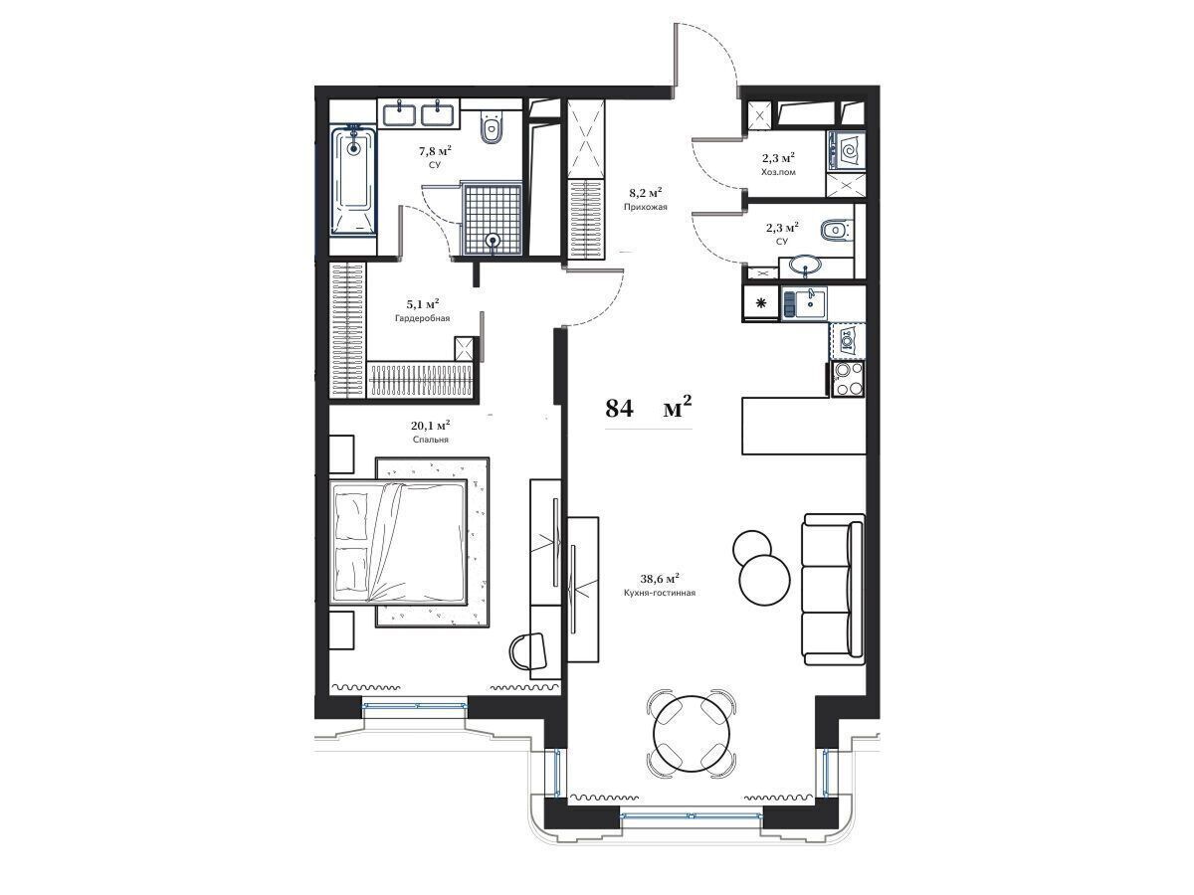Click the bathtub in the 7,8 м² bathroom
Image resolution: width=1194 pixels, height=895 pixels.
[353, 181]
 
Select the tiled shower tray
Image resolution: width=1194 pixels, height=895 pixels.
[493, 219]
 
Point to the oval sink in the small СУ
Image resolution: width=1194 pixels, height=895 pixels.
[806, 266]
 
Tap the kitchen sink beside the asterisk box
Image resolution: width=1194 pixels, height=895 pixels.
[805, 303]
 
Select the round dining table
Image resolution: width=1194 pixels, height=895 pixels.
[692, 733]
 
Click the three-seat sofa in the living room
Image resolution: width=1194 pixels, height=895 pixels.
[834, 589]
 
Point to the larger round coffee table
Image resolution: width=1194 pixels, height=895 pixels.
[764, 580]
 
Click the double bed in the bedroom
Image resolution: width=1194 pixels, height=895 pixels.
[399, 541]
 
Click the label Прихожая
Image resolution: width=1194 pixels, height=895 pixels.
[645, 207]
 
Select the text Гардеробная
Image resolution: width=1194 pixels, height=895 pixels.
[422, 318]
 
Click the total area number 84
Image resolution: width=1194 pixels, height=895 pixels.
[619, 409]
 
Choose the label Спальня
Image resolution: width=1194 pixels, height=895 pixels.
[430, 440]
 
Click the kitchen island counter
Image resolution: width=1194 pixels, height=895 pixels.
[804, 426]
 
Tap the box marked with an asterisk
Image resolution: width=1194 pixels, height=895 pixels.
[760, 303]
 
